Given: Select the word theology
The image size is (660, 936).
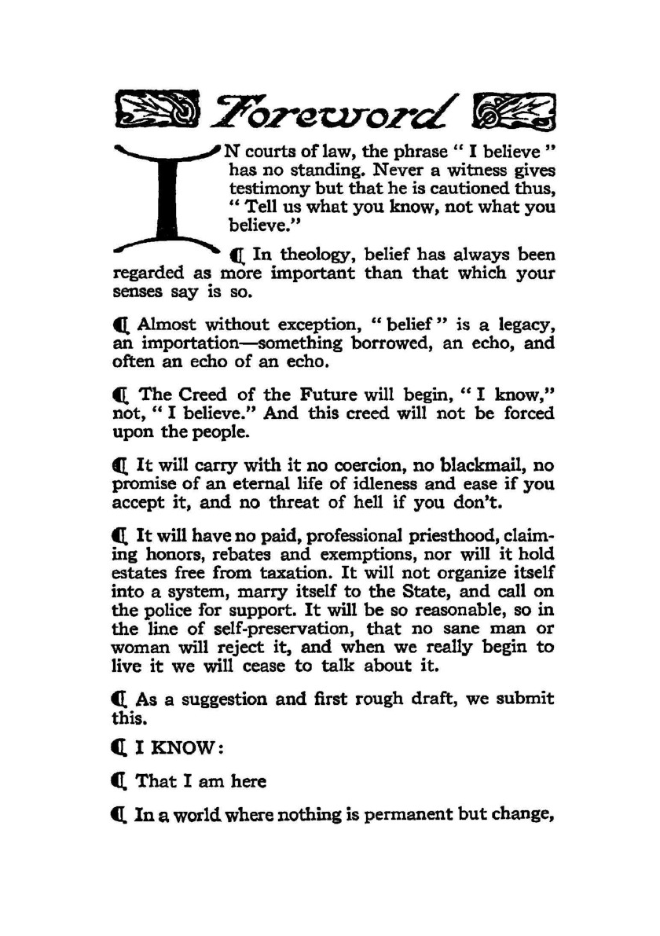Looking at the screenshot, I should [x=314, y=255].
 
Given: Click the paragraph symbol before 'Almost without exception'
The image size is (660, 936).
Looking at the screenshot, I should [x=119, y=325].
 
